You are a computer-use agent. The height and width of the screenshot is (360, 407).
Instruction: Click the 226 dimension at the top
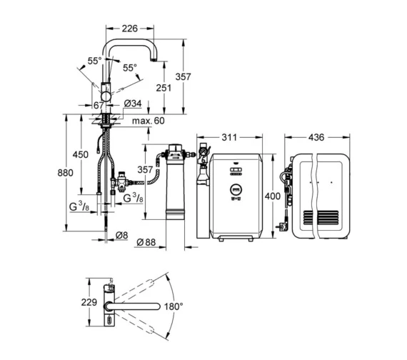[x=129, y=29]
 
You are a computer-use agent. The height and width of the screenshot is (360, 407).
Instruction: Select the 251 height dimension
[x=164, y=88]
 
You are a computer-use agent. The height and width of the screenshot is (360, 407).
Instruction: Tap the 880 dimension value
[x=65, y=173]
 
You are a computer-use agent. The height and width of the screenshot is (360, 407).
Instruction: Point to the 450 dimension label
[x=80, y=155]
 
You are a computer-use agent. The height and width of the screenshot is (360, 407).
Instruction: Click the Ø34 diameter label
[x=133, y=104]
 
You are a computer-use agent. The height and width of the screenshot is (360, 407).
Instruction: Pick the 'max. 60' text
[x=149, y=121]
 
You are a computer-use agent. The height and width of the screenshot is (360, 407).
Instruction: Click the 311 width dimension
[x=229, y=137]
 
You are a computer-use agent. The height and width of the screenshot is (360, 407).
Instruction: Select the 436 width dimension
[x=316, y=137]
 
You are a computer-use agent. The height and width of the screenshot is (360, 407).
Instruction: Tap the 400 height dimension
[x=273, y=196]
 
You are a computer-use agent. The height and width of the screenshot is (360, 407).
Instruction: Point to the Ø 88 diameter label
[x=146, y=242]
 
